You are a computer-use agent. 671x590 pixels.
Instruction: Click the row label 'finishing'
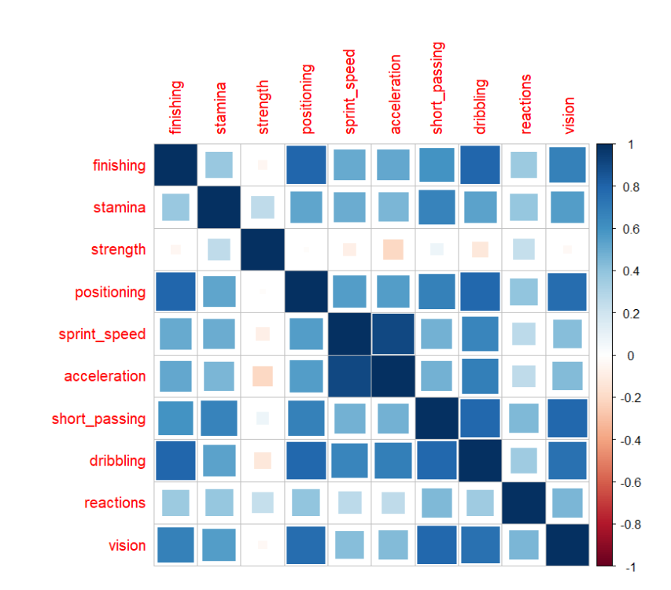click(119, 166)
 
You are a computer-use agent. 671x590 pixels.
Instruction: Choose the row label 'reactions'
click(116, 503)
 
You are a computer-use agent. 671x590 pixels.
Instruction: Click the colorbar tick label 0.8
click(631, 187)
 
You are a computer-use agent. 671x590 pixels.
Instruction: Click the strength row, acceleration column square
click(393, 250)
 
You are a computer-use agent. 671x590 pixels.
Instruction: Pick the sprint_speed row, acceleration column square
click(393, 334)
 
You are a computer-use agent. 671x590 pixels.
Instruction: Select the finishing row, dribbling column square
click(481, 166)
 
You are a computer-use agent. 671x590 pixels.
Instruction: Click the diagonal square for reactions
click(524, 503)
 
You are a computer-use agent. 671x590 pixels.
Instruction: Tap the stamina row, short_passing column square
click(437, 208)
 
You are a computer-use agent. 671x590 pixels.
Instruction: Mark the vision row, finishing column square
click(175, 545)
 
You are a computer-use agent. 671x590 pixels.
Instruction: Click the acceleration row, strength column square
click(263, 376)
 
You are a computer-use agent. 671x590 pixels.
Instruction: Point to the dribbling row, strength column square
click(263, 460)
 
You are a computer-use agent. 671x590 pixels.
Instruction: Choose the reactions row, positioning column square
click(306, 503)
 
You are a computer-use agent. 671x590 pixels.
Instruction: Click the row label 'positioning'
click(111, 293)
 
